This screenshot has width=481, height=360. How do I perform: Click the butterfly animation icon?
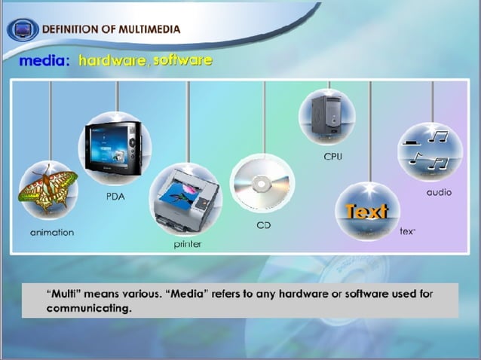48,191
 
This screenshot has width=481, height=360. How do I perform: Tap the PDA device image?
115,148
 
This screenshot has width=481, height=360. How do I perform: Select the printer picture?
185,197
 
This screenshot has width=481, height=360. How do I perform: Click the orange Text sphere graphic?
367,212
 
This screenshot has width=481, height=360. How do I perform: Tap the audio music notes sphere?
430,151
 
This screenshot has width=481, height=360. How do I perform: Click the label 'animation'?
52,233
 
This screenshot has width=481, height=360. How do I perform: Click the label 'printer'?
188,245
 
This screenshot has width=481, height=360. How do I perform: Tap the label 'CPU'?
332,157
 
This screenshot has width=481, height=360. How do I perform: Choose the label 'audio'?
439,192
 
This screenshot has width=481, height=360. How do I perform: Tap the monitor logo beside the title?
22,29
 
